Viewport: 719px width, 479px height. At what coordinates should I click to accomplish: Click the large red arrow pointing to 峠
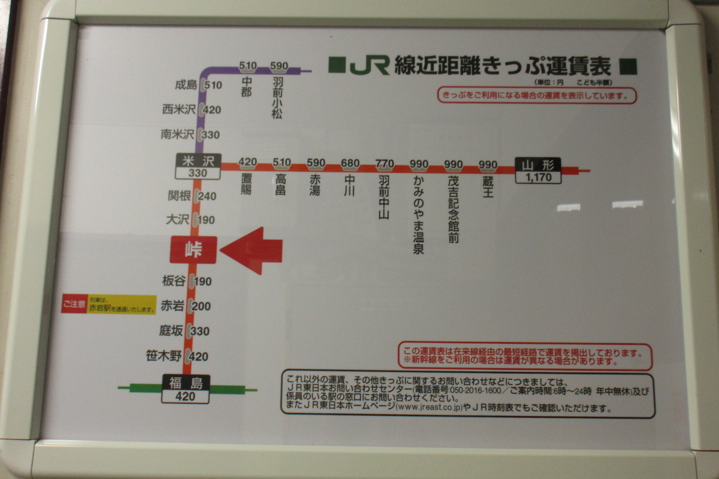(252, 250)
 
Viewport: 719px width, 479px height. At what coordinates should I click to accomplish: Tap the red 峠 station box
(193, 250)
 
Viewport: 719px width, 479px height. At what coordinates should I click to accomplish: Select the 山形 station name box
(538, 165)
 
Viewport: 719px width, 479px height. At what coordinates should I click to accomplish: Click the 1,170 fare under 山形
(538, 177)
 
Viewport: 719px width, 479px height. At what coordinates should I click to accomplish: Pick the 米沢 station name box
(198, 160)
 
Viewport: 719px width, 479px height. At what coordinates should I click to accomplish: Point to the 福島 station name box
(186, 383)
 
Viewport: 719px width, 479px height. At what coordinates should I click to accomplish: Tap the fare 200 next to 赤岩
(203, 307)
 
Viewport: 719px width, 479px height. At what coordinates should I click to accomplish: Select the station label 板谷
(174, 281)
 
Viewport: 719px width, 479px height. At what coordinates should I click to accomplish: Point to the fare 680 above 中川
(350, 163)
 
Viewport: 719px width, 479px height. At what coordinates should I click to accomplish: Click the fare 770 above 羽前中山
(384, 163)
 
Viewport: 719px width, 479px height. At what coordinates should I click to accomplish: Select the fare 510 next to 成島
(213, 85)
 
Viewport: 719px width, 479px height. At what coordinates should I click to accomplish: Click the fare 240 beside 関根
(207, 196)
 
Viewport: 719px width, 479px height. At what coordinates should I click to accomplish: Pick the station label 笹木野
(164, 356)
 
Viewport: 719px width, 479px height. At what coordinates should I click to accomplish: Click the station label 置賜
(247, 184)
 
